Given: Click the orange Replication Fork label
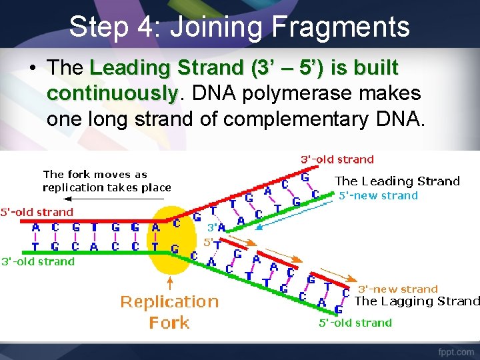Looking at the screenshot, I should coord(169,312).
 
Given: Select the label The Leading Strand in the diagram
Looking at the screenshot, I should coord(397,181).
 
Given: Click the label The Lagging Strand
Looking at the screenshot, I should coord(417,301).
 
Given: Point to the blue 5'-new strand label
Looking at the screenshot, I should coord(379,195).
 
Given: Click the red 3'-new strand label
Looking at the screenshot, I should coord(398,289).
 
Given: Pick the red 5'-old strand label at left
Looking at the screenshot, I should coord(37,212).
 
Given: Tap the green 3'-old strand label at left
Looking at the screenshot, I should coord(38,261).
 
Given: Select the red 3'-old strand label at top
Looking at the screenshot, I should coord(337,159).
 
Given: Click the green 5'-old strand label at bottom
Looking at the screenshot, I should coord(355,323).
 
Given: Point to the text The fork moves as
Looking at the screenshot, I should coord(95,175).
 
